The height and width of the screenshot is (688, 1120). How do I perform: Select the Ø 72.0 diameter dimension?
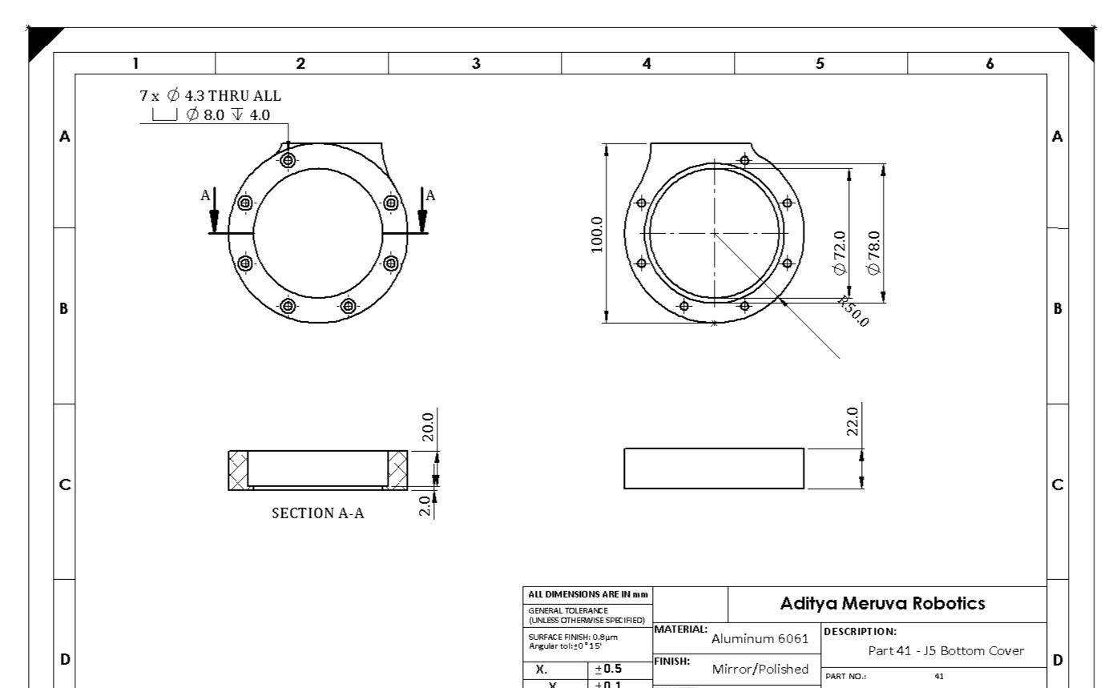(839, 252)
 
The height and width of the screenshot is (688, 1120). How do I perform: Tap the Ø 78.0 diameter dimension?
(875, 252)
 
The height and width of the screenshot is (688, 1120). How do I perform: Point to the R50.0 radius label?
(854, 312)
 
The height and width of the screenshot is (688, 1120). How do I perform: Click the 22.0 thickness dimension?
(852, 420)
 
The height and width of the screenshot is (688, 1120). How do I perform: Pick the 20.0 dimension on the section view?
(428, 428)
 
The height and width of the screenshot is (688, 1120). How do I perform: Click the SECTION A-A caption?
(317, 513)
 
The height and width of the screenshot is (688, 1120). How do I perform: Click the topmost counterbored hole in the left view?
(288, 160)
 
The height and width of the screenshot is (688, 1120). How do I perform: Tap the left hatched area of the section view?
(238, 469)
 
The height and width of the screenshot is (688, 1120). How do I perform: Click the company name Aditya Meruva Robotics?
(883, 604)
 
